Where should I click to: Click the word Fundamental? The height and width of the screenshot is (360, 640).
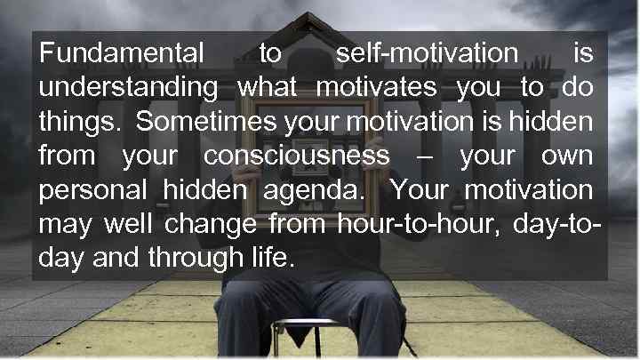tap(121, 54)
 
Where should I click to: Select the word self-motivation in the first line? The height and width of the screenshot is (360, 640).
tap(426, 54)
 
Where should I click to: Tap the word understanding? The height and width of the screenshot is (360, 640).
tap(128, 89)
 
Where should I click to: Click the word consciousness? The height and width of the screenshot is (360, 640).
tap(297, 156)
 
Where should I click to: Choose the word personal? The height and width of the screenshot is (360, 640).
tap(93, 191)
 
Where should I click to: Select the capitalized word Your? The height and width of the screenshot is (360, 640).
tap(420, 190)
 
